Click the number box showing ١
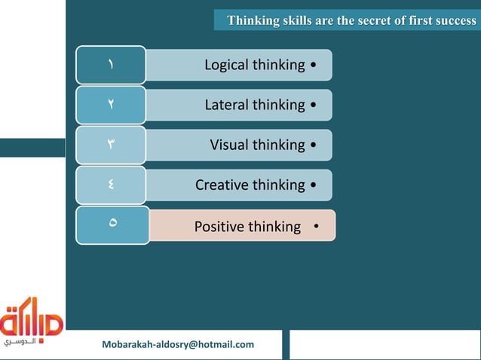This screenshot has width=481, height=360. pyautogui.click(x=110, y=65)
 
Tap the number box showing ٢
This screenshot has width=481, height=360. pyautogui.click(x=110, y=105)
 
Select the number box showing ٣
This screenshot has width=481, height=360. pyautogui.click(x=110, y=145)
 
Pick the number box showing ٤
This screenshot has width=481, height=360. pyautogui.click(x=110, y=185)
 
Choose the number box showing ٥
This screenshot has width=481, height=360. pyautogui.click(x=112, y=224)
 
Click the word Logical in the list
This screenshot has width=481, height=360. pyautogui.click(x=226, y=66)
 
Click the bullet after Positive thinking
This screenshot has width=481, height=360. pyautogui.click(x=316, y=227)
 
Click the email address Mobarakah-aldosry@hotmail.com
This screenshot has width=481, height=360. pyautogui.click(x=178, y=345)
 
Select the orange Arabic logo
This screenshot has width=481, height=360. pyautogui.click(x=32, y=320)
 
